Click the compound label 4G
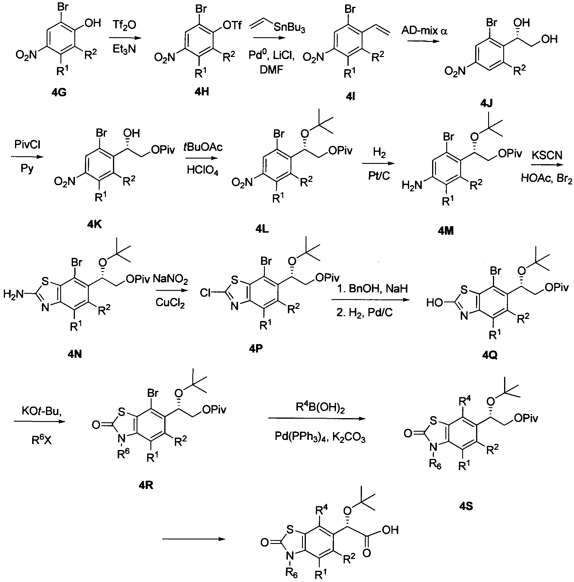(59, 92)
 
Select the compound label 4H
(201, 91)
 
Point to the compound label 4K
(94, 224)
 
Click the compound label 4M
(445, 231)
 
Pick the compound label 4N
(75, 354)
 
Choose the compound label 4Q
(490, 355)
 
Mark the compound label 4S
(466, 506)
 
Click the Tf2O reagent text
(124, 25)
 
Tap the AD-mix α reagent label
(424, 31)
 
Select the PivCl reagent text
(27, 145)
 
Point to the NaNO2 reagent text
(170, 279)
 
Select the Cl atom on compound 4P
(206, 293)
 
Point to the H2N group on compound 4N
(14, 294)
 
